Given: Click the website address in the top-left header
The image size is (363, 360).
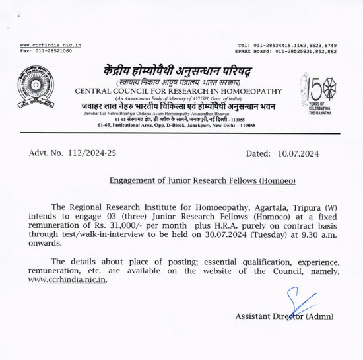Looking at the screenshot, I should pyautogui.click(x=51, y=44).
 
